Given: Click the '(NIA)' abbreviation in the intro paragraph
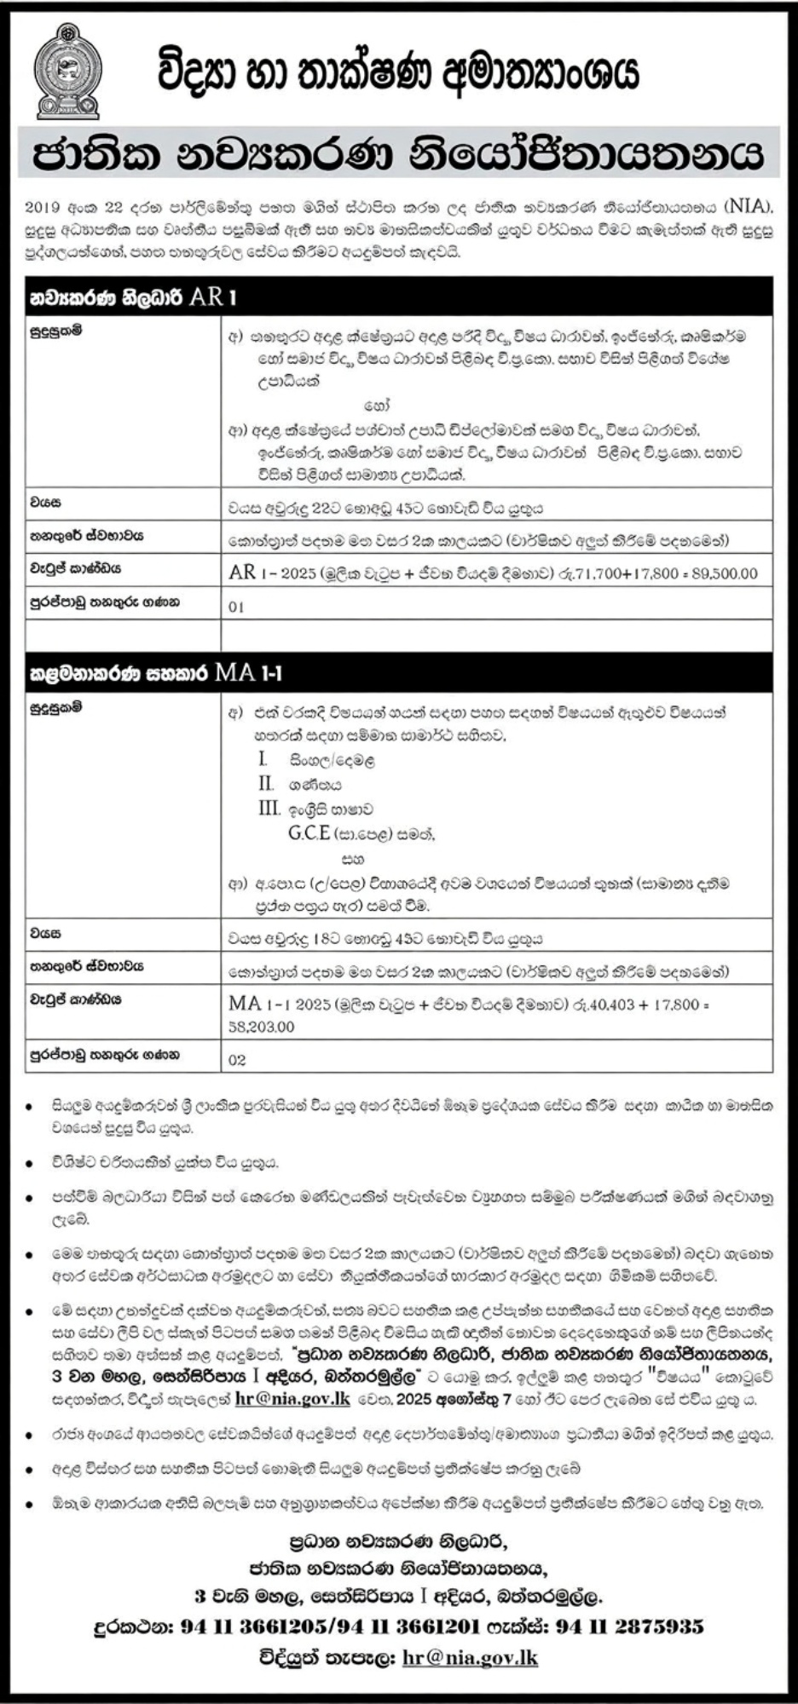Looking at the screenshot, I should click(x=750, y=205).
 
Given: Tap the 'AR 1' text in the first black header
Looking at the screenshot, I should click(x=208, y=297).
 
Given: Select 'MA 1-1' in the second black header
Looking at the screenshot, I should click(x=249, y=673).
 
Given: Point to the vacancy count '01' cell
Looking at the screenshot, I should click(x=236, y=607).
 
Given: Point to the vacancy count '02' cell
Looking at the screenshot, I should click(x=237, y=1060).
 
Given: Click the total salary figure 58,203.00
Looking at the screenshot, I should click(x=261, y=1027).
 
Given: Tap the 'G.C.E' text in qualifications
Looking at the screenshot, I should click(x=309, y=833).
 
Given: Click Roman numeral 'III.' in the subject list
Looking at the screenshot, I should click(x=269, y=808).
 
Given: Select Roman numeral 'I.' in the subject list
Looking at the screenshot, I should click(x=263, y=758).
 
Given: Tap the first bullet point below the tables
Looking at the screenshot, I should click(x=30, y=1106).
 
